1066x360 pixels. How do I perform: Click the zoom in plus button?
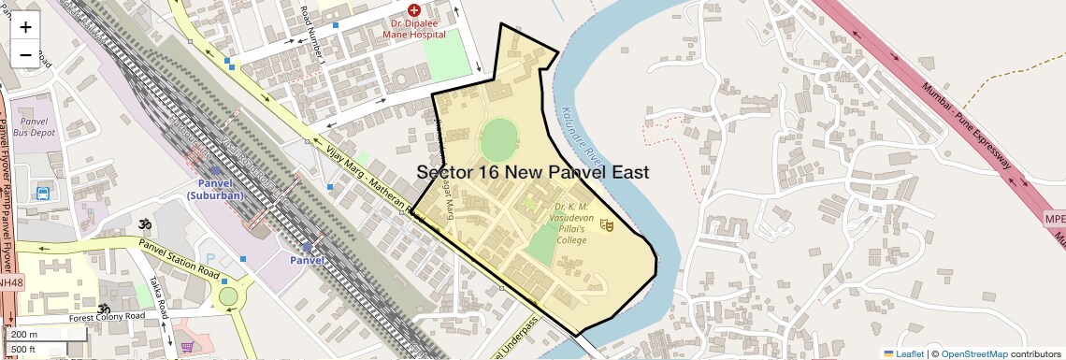pos(25,26)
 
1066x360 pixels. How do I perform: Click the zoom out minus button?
pos(25,54)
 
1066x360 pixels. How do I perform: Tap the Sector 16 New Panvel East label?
pos(532,172)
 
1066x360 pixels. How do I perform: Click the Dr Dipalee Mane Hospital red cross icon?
pos(414,9)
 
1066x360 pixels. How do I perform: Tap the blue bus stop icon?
pos(42,194)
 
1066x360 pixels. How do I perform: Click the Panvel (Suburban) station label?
pos(214,189)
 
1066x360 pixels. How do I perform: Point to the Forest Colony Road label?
pos(108,317)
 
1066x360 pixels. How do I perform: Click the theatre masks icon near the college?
pos(606,223)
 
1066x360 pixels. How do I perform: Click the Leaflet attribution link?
pos(903,353)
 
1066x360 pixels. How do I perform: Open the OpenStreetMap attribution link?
pos(973,353)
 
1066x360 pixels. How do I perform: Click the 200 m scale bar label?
pos(24,335)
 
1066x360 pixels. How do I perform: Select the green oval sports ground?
pos(498,138)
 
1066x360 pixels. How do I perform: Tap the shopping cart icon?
pos(187,347)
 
